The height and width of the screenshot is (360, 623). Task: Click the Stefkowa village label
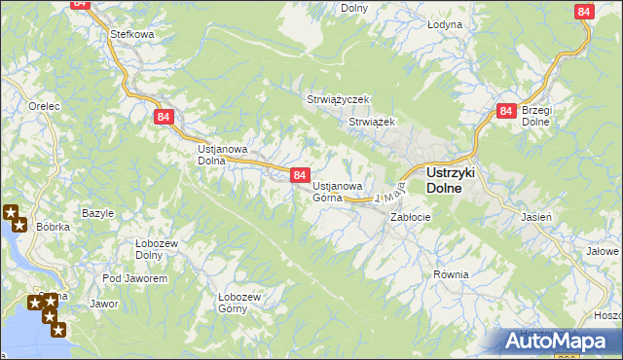click(x=133, y=34)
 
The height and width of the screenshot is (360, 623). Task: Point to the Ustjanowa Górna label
click(x=338, y=191)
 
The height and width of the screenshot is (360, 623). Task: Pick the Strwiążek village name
click(x=370, y=122)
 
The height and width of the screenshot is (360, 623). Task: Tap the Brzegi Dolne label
click(x=537, y=116)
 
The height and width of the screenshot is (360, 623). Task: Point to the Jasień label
click(x=537, y=216)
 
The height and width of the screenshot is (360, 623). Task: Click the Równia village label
click(x=452, y=274)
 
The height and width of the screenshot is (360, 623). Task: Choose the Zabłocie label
click(x=411, y=217)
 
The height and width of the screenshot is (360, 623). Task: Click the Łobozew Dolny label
click(x=135, y=248)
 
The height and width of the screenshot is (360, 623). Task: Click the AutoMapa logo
click(x=560, y=342)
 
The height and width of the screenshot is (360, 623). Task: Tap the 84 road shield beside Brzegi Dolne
click(x=505, y=112)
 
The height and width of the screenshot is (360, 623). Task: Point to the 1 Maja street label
click(x=386, y=192)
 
